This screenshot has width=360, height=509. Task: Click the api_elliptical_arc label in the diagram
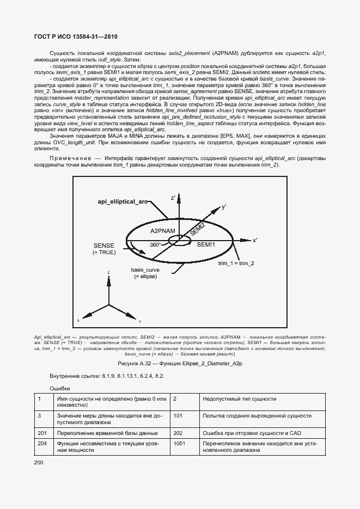(x=123, y=201)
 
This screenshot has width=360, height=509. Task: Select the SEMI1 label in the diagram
(x=206, y=245)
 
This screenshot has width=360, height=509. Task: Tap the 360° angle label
(x=156, y=245)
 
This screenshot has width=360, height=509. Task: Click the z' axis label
(x=173, y=198)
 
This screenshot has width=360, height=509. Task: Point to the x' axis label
(x=255, y=240)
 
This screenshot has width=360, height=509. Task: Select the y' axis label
(x=223, y=207)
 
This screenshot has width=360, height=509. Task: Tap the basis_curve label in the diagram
(x=145, y=269)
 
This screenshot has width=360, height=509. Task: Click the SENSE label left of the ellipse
(x=104, y=246)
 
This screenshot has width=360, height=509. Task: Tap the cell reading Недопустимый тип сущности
(x=239, y=399)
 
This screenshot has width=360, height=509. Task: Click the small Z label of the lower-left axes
(x=109, y=272)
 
